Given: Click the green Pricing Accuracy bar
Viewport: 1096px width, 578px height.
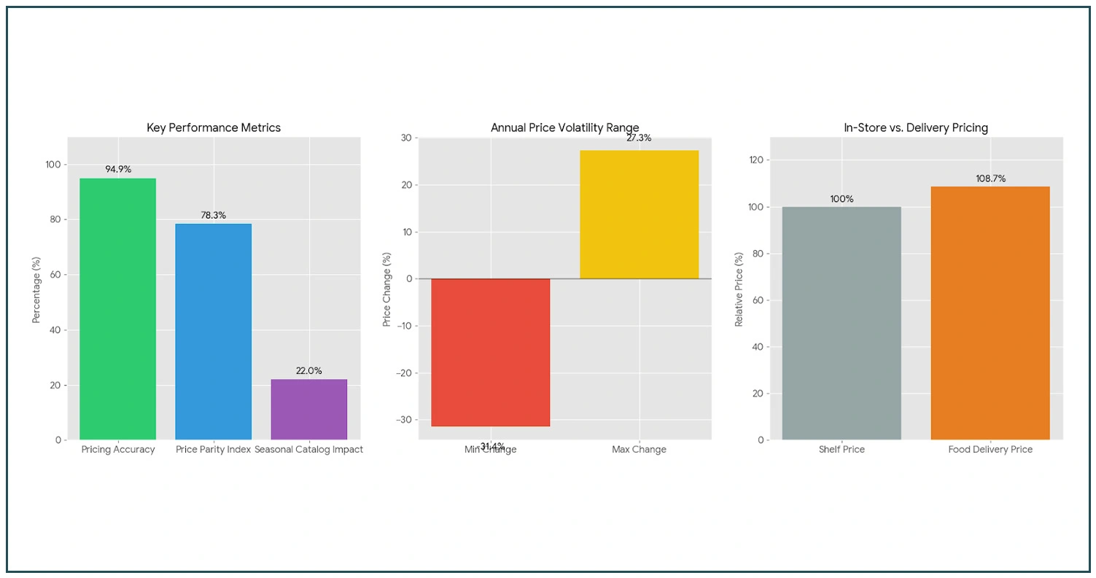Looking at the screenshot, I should (117, 309).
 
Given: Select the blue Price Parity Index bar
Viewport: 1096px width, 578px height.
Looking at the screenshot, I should (213, 332).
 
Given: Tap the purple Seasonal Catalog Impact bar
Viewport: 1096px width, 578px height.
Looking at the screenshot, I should (308, 409).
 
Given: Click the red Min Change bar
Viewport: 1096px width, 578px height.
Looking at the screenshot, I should (490, 353).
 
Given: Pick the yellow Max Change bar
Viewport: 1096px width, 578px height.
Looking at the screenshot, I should (639, 214).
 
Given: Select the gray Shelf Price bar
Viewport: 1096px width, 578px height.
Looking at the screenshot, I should (841, 323).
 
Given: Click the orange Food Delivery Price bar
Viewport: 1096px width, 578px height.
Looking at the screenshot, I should (990, 313).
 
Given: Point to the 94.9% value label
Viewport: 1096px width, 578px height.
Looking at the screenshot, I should (118, 169).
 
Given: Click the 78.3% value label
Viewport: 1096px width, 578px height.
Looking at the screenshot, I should (214, 215).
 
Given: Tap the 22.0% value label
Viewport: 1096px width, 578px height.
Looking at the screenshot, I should (308, 371).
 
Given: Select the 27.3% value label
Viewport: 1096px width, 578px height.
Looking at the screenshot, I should (639, 138).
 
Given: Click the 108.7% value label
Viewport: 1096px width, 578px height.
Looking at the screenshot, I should (990, 179).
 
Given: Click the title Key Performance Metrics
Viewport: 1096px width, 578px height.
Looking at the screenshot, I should (214, 128).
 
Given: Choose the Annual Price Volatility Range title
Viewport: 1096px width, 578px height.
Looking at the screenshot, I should (564, 128).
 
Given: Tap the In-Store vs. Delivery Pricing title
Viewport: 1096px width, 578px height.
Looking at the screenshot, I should (915, 128).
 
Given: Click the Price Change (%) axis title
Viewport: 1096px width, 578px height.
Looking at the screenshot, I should (387, 289).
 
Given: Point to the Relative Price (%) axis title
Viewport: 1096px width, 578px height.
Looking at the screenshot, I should (739, 289).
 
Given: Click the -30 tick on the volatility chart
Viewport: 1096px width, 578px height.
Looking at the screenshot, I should (403, 420).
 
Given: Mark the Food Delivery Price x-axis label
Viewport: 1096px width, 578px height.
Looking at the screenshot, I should (990, 450).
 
